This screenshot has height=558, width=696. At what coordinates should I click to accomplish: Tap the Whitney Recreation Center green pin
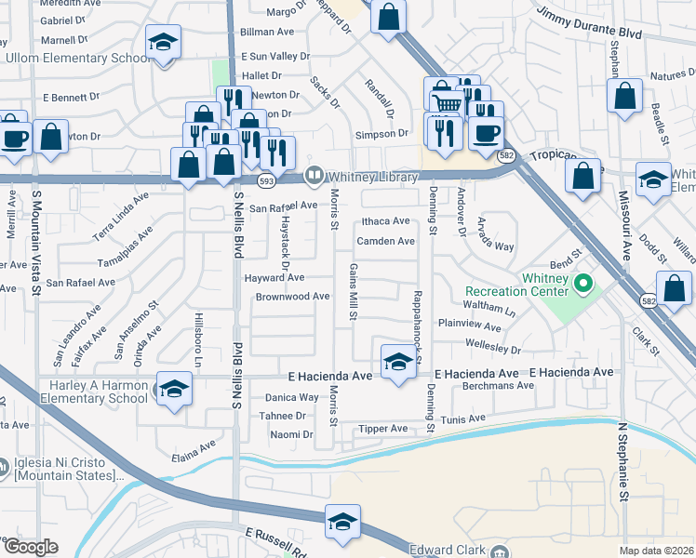point(584,283)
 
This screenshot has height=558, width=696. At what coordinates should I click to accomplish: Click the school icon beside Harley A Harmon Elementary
point(173,390)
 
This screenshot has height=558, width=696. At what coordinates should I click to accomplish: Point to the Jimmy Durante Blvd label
point(590,23)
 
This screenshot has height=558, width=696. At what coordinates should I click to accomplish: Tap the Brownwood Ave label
point(293,297)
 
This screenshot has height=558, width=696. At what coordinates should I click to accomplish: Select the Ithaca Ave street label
point(385,221)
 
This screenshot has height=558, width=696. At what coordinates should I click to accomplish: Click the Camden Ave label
point(385,241)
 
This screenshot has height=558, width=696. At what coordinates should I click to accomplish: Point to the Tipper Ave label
point(382,429)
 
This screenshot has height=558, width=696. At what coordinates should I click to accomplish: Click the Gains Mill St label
point(354,291)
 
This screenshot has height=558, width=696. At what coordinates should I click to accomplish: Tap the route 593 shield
point(266,180)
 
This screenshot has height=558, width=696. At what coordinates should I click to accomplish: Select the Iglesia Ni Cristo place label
point(65,470)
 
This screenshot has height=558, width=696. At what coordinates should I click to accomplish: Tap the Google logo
point(30,547)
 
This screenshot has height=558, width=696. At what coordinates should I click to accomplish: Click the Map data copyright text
point(656,551)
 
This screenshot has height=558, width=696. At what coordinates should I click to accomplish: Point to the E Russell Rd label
point(275,540)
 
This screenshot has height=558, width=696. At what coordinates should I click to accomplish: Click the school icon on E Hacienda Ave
point(398,361)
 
